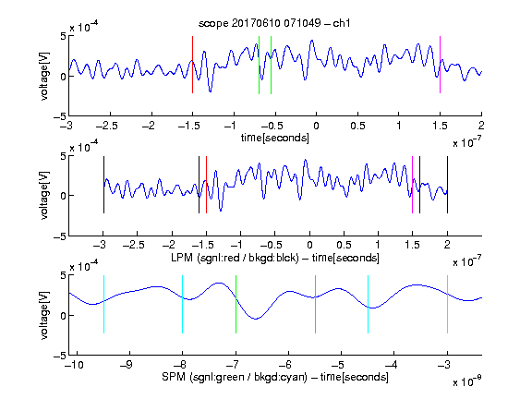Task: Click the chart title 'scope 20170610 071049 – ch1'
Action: click(274, 23)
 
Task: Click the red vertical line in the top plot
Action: click(192, 65)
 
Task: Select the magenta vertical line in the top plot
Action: click(440, 65)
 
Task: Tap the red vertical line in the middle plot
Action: click(206, 185)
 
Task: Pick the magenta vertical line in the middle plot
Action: click(412, 185)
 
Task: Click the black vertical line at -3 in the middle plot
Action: click(103, 185)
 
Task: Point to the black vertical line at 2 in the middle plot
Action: click(448, 185)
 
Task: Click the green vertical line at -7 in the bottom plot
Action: click(236, 305)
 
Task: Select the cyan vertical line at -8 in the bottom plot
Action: click(183, 305)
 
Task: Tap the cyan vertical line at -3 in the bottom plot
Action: click(448, 305)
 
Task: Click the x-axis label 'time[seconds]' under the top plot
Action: click(275, 138)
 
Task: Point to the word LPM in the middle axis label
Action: click(182, 258)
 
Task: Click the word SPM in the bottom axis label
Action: click(174, 377)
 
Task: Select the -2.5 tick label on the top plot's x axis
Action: click(107, 126)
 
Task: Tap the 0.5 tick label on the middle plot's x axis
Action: click(344, 245)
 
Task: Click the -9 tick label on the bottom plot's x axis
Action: click(127, 365)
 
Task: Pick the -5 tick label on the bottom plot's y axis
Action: click(60, 356)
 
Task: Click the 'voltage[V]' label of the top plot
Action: click(43, 77)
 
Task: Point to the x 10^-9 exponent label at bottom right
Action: click(466, 381)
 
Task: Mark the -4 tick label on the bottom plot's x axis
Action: click(392, 365)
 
